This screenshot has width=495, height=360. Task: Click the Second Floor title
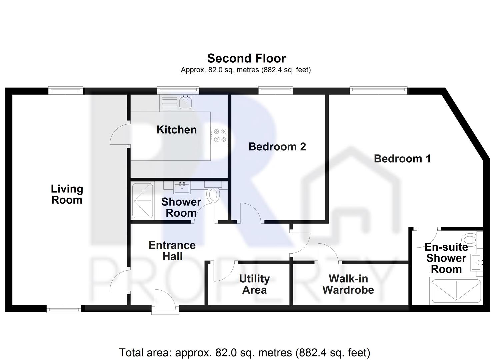pos(246,58)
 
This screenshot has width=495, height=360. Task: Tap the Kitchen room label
pos(177,130)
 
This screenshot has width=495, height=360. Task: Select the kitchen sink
pos(185,103)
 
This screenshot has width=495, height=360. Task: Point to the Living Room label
pos(67,194)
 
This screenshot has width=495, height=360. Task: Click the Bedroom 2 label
pos(277,147)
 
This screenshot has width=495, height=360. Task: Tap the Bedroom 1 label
pos(402,159)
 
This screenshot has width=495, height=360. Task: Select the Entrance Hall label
pos(172,251)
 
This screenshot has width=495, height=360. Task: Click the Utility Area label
pos(254,284)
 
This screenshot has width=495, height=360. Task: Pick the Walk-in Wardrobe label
pos(348,284)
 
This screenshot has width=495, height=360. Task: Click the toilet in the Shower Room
pos(212,194)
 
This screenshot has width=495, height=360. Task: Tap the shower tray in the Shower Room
pos(142,201)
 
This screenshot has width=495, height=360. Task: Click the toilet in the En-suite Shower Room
pos(470,239)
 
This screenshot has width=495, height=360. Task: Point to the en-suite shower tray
pos(456,291)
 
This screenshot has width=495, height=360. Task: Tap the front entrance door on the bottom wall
pos(165,302)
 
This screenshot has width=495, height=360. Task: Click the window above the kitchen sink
pos(178,90)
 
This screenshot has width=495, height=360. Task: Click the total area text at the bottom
pos(244,352)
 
